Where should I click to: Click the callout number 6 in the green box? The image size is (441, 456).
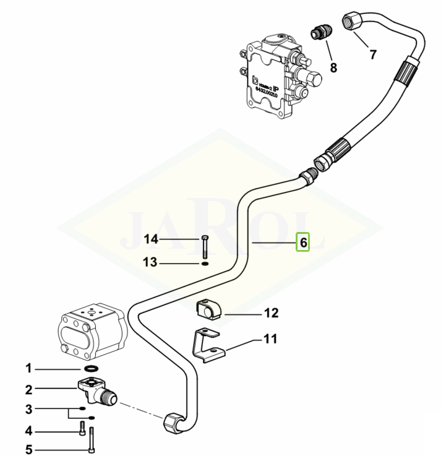[x=303, y=243]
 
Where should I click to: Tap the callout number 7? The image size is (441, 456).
[x=372, y=54]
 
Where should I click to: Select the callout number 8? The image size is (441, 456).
[x=333, y=67]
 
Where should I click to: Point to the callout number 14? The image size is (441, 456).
[x=152, y=239]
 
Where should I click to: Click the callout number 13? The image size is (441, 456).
[x=150, y=263]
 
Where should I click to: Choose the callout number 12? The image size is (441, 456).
[x=272, y=313]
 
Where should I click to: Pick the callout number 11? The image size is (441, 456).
[x=270, y=340]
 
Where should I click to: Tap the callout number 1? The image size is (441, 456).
[x=28, y=369]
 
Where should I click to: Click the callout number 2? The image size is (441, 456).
[x=28, y=390]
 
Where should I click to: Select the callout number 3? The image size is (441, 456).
[x=28, y=409]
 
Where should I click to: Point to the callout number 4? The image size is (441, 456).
[x=28, y=430]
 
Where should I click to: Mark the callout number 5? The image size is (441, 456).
[x=28, y=450]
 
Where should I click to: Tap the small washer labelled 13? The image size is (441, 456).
[x=204, y=263]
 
